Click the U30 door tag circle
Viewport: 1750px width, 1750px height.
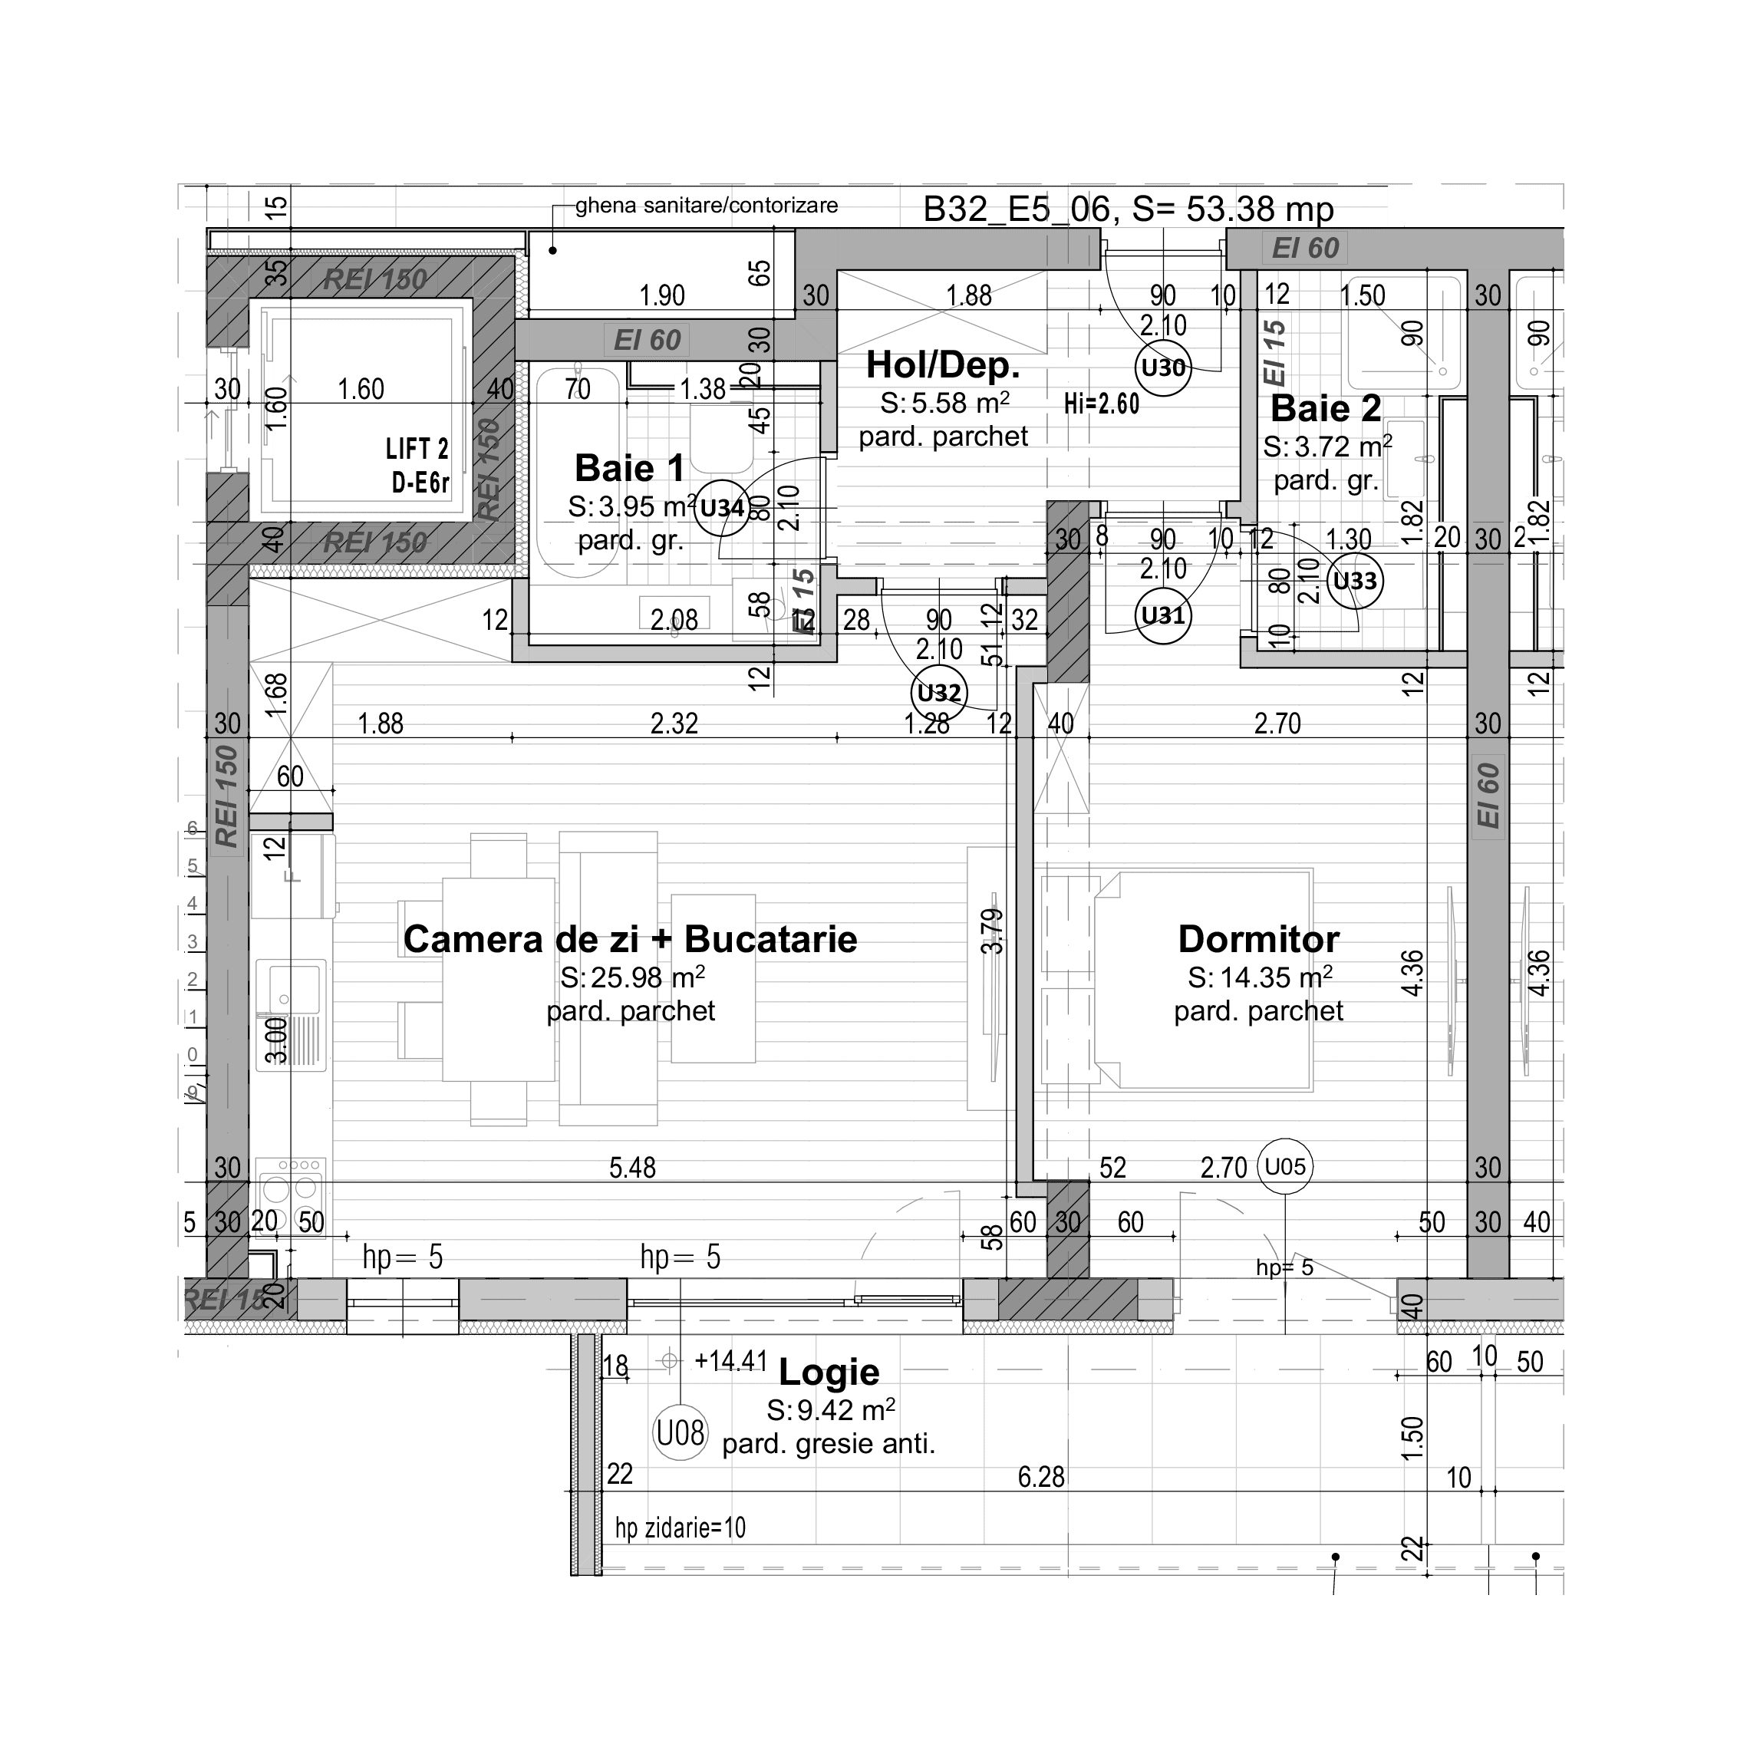click(1163, 367)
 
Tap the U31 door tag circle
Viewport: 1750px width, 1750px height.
click(1163, 616)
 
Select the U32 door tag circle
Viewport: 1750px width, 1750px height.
click(938, 693)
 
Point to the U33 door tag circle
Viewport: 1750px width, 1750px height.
click(1355, 581)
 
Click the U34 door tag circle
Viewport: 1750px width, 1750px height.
click(722, 507)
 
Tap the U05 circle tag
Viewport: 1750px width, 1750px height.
click(1284, 1165)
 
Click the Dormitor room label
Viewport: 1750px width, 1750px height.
click(1258, 939)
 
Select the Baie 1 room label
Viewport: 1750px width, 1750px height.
click(630, 468)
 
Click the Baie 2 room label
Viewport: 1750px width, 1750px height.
click(1325, 408)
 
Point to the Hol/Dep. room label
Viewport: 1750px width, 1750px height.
click(943, 365)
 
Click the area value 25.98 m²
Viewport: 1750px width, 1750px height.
click(632, 977)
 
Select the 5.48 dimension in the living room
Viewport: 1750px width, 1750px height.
click(632, 1168)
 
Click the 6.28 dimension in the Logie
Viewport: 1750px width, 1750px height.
click(1041, 1478)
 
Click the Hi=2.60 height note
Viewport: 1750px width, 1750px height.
click(1102, 403)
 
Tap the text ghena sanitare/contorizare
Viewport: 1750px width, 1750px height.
click(707, 206)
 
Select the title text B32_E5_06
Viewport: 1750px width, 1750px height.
click(1017, 209)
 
